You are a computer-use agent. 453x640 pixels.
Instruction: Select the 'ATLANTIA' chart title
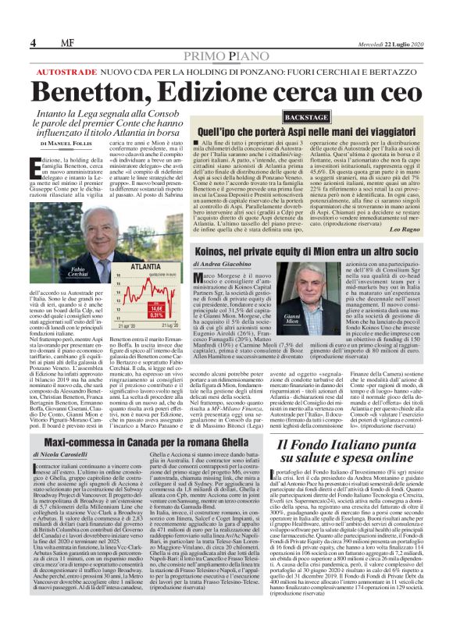146,266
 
